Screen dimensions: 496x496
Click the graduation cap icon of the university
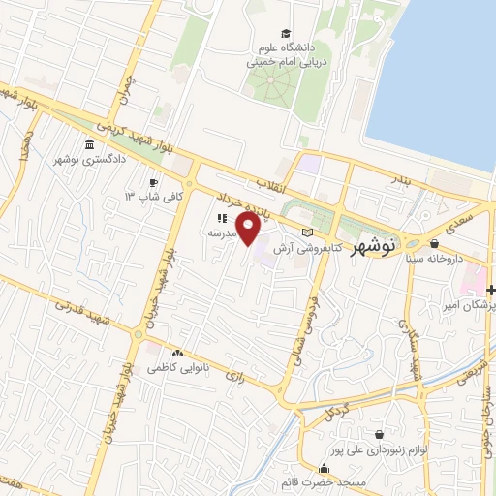click(x=285, y=33)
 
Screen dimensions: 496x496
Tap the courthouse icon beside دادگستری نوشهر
click(x=90, y=145)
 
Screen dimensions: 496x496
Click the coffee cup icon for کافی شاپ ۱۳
click(x=153, y=182)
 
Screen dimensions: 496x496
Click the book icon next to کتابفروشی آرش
click(x=308, y=232)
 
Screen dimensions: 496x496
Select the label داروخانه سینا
click(x=432, y=260)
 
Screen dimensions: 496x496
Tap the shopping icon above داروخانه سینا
click(x=433, y=244)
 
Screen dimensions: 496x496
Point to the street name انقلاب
click(x=265, y=183)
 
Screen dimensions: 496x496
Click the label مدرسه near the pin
click(x=225, y=233)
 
